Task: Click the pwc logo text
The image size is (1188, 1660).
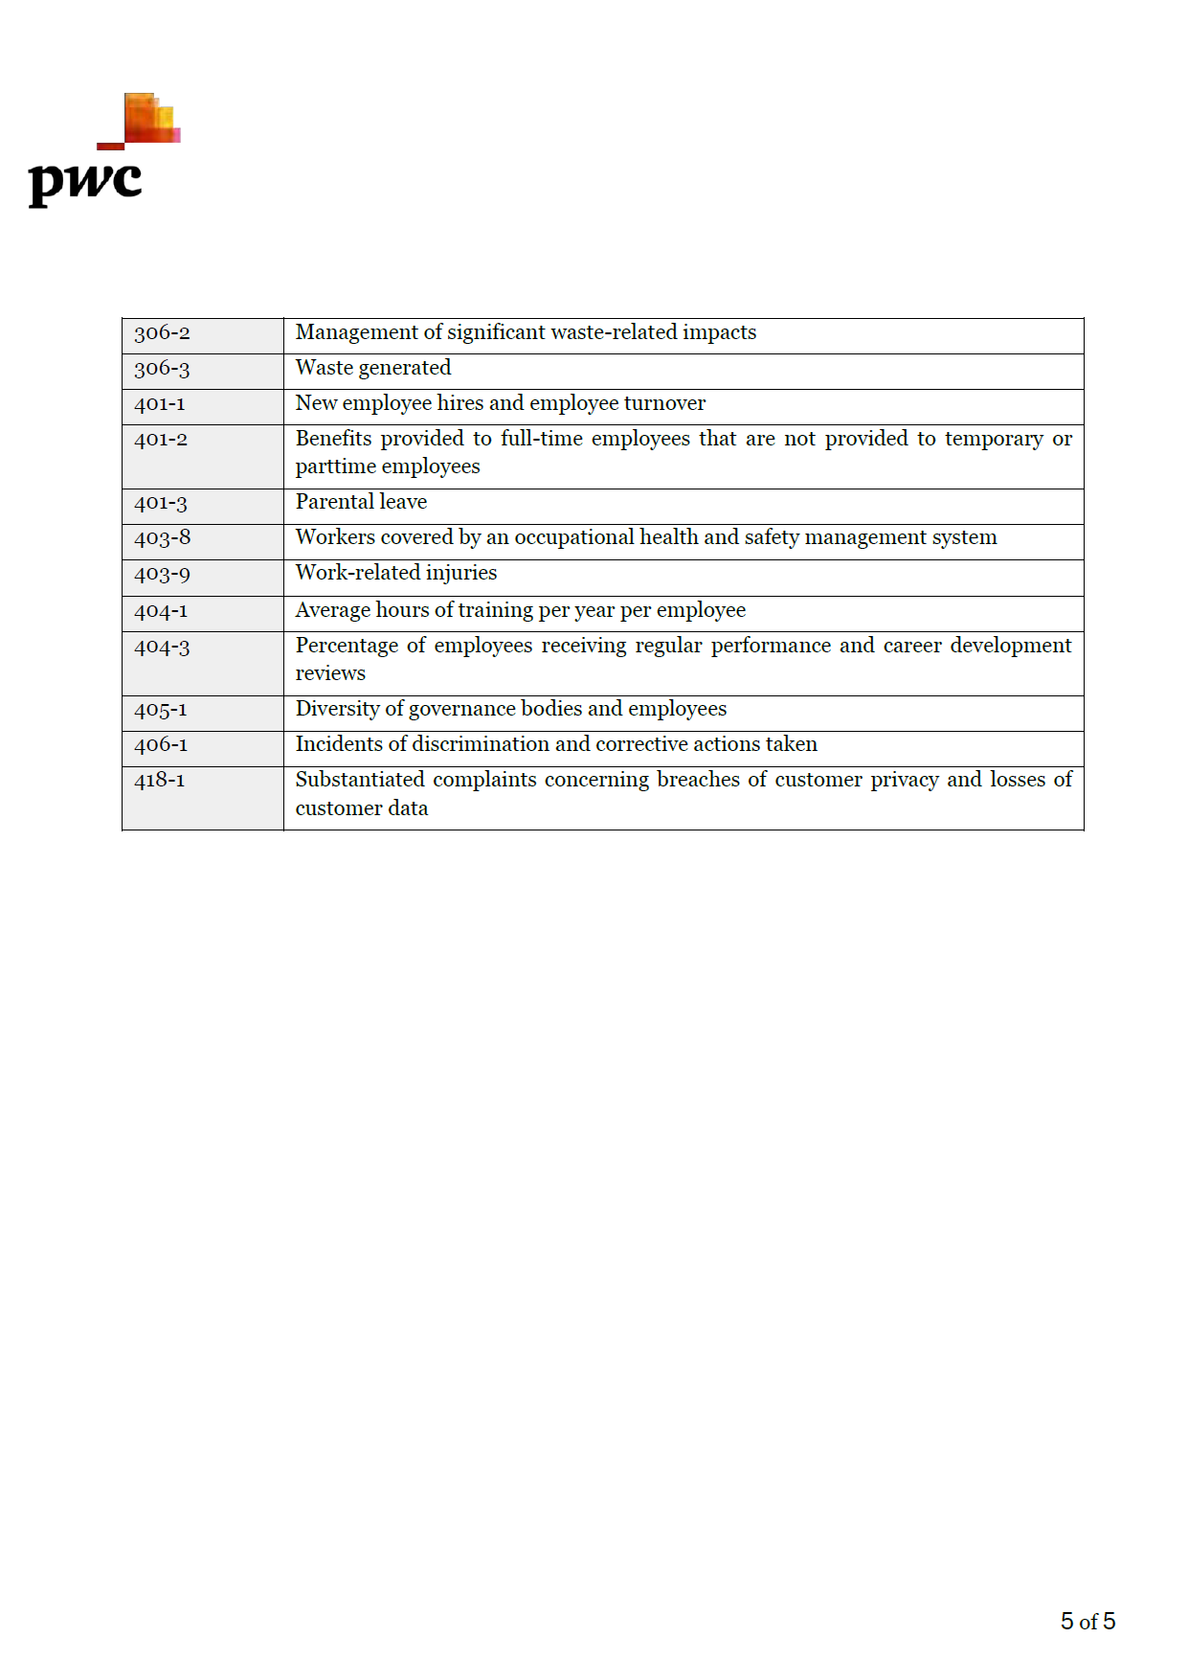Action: click(x=85, y=181)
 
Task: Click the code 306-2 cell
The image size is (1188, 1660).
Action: click(x=162, y=333)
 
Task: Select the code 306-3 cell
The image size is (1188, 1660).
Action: click(x=162, y=369)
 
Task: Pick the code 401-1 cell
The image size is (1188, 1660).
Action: click(x=160, y=404)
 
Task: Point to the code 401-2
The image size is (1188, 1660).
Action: click(x=161, y=440)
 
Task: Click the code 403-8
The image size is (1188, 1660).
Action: click(x=162, y=538)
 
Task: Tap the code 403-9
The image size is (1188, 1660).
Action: click(x=162, y=575)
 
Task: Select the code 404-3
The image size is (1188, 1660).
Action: click(x=162, y=648)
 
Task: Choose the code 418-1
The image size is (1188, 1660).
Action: click(x=160, y=781)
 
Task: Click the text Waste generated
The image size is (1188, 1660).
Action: click(x=372, y=368)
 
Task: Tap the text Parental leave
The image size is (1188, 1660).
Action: click(x=361, y=502)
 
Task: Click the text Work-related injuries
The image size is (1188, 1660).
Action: click(x=395, y=573)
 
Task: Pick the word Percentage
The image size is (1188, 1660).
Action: click(x=346, y=646)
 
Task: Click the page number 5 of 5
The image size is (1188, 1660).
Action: click(x=1087, y=1621)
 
